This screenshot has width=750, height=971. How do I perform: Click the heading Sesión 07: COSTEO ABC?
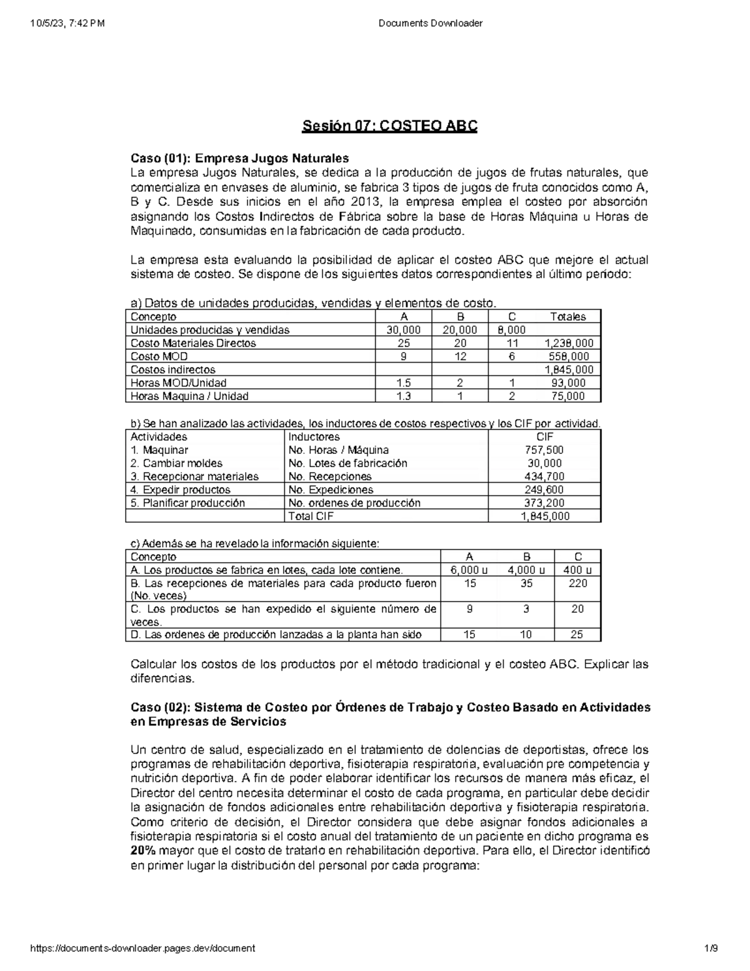(x=390, y=126)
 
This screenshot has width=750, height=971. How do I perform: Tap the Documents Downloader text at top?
(x=431, y=24)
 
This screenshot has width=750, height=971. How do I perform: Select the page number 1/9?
(x=711, y=948)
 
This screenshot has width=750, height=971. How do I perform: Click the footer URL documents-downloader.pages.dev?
(x=142, y=948)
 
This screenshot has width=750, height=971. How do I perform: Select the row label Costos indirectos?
(x=172, y=370)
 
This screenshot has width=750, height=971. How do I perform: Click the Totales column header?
(x=568, y=317)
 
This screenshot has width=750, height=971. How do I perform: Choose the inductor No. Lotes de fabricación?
(x=347, y=463)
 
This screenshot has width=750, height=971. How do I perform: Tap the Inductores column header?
(x=314, y=437)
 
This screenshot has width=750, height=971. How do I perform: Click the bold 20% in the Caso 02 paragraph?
(x=143, y=851)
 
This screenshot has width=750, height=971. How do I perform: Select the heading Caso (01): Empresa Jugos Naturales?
(x=239, y=158)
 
